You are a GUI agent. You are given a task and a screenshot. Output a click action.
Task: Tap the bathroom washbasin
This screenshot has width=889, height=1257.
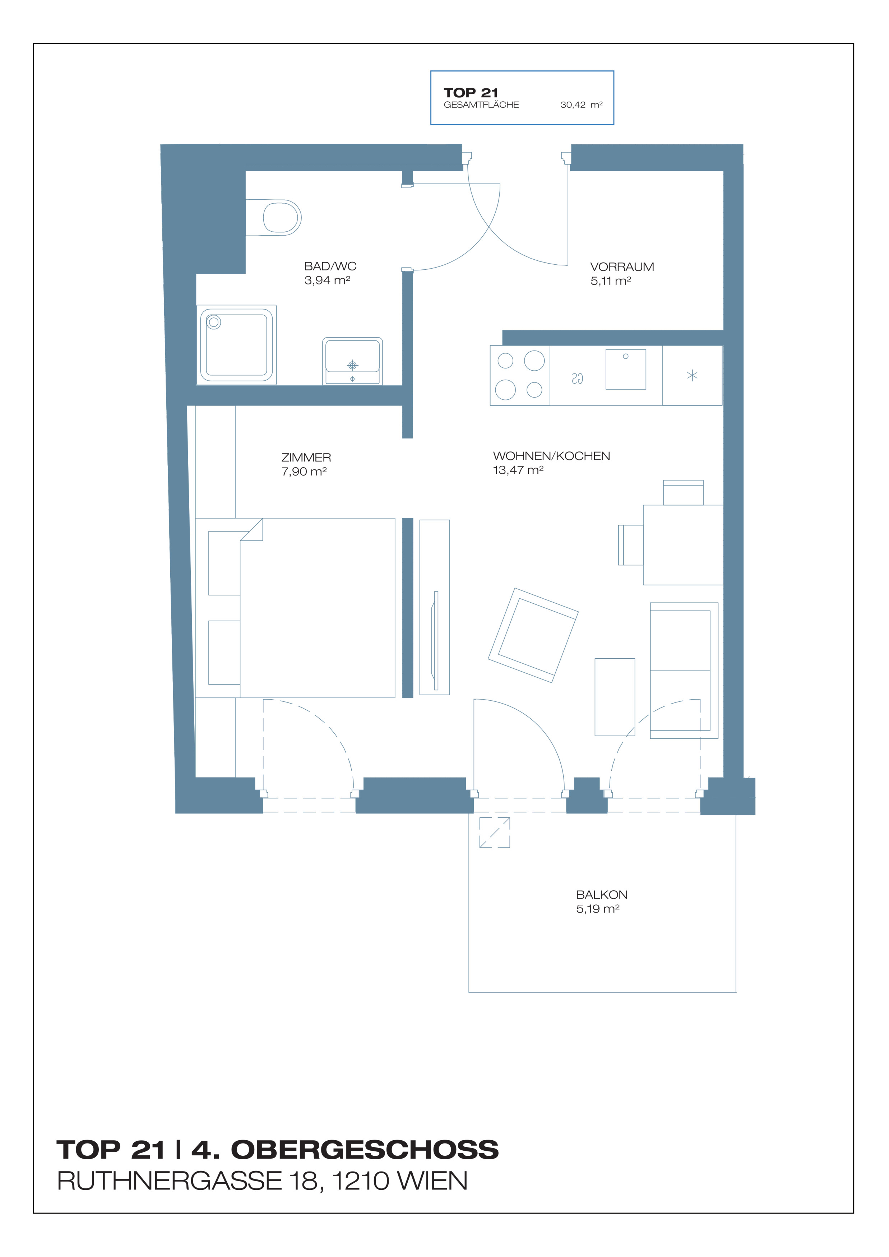352,361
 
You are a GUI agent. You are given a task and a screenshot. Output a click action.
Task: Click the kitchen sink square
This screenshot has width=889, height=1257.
626,370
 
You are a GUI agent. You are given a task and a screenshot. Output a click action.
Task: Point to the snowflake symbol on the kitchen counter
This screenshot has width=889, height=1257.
692,376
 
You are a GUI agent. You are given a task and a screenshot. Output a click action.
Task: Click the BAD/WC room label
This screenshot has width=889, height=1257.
330,266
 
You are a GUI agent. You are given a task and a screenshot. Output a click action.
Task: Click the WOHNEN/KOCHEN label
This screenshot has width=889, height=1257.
551,456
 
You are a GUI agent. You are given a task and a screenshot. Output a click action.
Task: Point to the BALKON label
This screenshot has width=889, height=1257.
602,895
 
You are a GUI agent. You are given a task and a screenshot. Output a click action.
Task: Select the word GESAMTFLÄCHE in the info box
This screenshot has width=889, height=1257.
481,105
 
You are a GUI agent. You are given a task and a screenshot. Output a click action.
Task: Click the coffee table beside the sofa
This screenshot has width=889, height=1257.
615,697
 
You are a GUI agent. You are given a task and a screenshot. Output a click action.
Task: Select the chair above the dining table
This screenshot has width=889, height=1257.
683,492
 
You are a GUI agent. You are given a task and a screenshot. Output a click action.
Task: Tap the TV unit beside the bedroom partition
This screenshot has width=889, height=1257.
435,607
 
